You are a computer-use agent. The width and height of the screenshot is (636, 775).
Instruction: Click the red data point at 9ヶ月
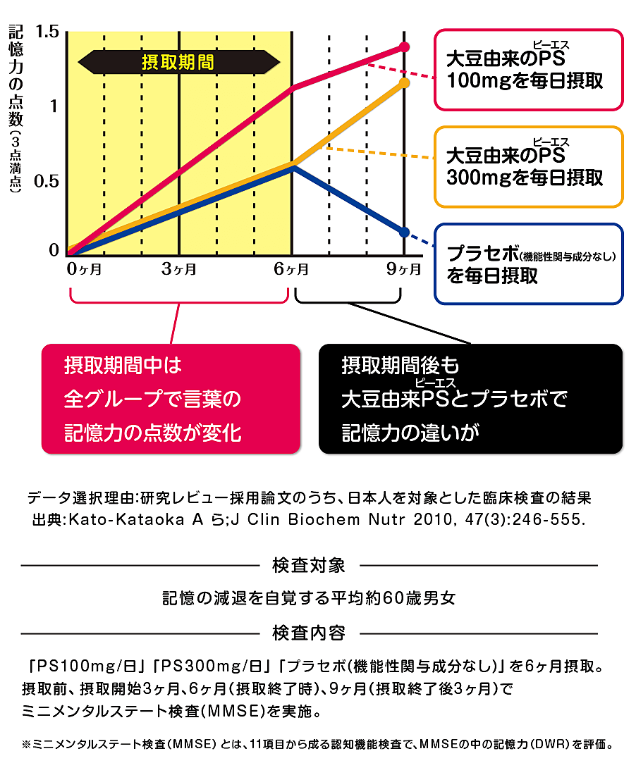pyautogui.click(x=404, y=46)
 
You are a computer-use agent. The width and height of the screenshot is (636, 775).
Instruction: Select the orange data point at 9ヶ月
pyautogui.click(x=404, y=83)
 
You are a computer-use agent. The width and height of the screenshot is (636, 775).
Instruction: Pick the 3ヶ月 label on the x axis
pyautogui.click(x=179, y=268)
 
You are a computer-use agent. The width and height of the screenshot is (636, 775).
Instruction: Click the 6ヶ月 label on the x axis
pyautogui.click(x=291, y=268)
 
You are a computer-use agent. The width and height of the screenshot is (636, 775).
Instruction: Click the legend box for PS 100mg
pyautogui.click(x=528, y=70)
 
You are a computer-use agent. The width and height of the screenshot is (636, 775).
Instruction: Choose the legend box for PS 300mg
pyautogui.click(x=528, y=167)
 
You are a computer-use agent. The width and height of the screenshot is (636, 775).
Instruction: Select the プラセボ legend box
pyautogui.click(x=528, y=264)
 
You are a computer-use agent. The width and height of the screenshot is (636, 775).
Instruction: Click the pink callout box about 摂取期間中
pyautogui.click(x=171, y=399)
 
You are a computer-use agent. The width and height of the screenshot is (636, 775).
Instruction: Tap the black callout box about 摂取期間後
pyautogui.click(x=470, y=399)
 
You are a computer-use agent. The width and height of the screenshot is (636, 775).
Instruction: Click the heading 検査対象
pyautogui.click(x=308, y=565)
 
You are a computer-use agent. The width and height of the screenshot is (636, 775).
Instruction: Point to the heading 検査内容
pyautogui.click(x=308, y=633)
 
